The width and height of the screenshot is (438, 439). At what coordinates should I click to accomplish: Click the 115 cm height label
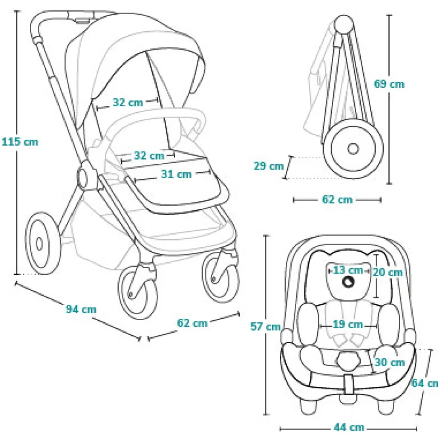click(x=20, y=142)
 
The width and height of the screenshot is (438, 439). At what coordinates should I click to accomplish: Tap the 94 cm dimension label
click(x=81, y=309)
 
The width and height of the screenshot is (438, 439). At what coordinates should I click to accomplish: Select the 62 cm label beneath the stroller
click(x=192, y=323)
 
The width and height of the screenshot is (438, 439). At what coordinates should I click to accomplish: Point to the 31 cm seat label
click(x=176, y=174)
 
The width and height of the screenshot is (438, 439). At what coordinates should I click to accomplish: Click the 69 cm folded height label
click(x=389, y=84)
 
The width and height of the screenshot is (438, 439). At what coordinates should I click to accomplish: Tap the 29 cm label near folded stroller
click(x=269, y=166)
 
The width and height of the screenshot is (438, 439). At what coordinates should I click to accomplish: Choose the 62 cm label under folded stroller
click(x=337, y=199)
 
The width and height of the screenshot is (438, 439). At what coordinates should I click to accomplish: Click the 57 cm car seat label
click(x=266, y=326)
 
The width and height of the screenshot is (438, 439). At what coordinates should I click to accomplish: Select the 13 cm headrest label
click(x=348, y=270)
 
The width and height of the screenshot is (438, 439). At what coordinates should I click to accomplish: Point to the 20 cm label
click(x=388, y=272)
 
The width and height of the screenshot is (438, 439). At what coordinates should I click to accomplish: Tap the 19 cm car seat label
click(x=348, y=324)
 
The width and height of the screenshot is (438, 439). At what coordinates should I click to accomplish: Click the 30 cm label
click(x=390, y=362)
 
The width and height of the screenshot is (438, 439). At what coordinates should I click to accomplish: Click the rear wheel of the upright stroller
click(x=42, y=244)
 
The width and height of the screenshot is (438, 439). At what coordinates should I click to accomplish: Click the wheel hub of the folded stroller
click(x=353, y=148)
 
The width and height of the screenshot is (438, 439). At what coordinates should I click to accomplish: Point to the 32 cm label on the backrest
click(x=128, y=103)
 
